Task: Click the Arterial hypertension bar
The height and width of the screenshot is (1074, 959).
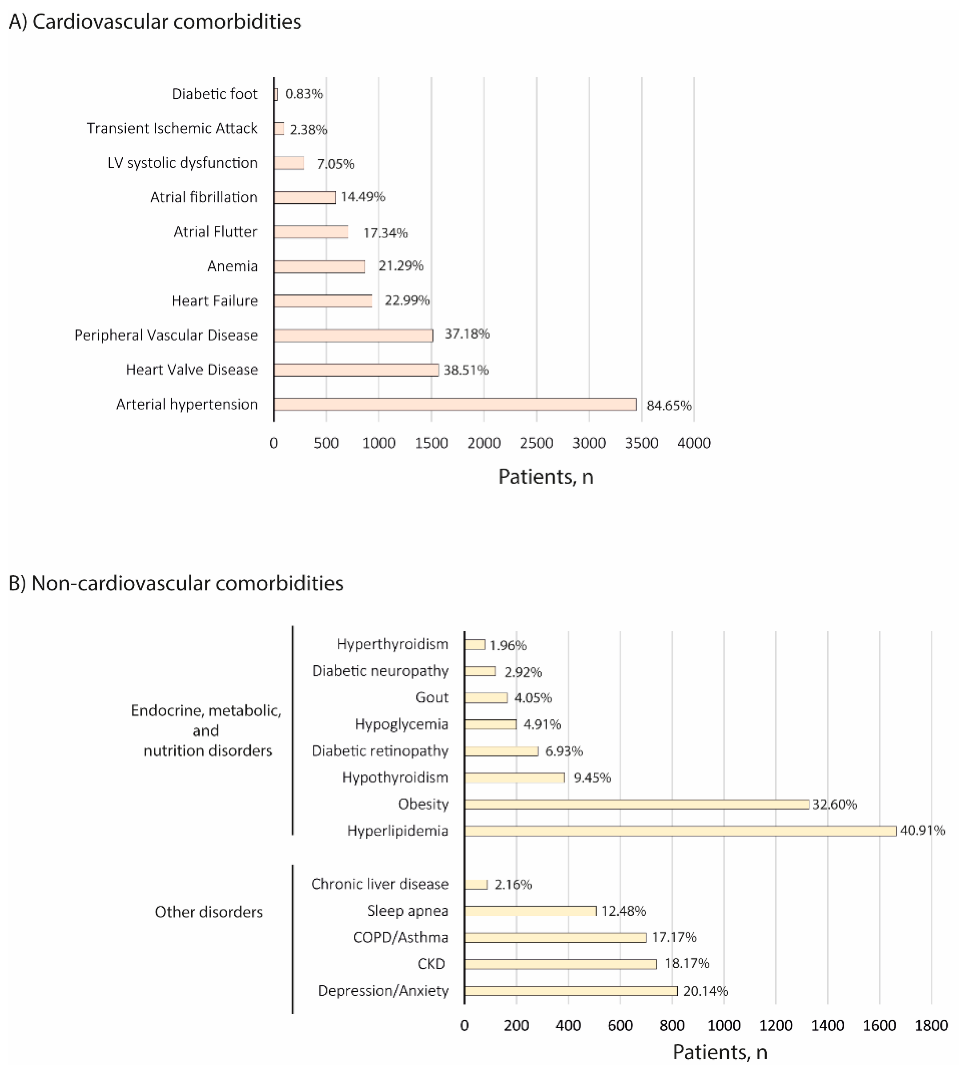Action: click(x=455, y=404)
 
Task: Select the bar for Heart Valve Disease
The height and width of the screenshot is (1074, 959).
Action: click(x=356, y=370)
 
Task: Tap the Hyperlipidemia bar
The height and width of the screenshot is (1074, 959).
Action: click(x=680, y=831)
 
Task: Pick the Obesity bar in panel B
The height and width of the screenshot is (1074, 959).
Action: click(x=637, y=804)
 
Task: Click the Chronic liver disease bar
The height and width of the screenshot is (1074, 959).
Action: click(x=476, y=884)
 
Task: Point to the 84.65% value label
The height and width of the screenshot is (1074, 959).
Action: click(x=669, y=405)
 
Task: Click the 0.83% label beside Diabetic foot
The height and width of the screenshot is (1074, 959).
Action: click(x=304, y=94)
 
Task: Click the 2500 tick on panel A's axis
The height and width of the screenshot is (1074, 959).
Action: click(x=536, y=443)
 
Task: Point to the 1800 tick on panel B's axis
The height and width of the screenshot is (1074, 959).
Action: click(x=931, y=1026)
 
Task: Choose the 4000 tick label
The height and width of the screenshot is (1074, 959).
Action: click(x=694, y=443)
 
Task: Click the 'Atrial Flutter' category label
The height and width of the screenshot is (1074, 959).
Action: click(x=216, y=232)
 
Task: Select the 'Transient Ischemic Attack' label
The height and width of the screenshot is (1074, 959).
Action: click(x=172, y=129)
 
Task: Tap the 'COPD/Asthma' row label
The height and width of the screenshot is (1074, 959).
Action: click(x=401, y=937)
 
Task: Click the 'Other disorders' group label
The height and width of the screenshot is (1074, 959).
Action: click(x=209, y=912)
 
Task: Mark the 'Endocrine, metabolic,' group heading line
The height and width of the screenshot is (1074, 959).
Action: click(x=206, y=711)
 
